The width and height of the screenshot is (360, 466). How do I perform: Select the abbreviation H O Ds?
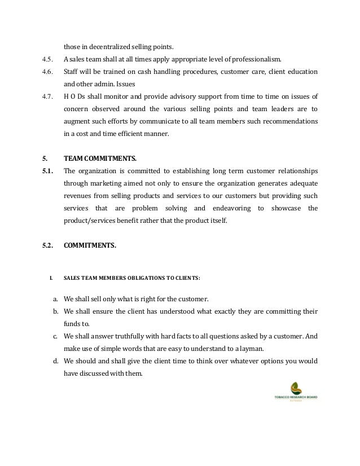point(73,98)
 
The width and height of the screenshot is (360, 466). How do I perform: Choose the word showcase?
point(287,208)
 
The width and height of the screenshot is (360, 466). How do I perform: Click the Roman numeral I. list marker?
point(51,278)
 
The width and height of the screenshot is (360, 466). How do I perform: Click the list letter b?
point(56,311)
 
